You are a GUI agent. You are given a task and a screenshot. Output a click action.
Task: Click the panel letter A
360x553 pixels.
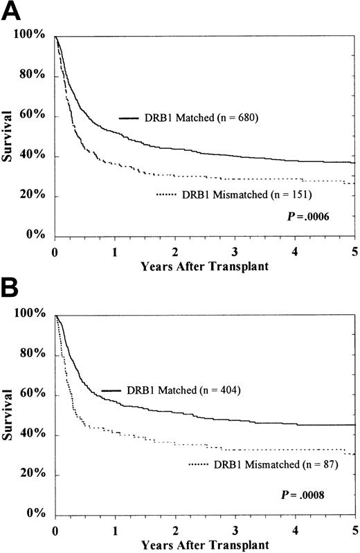pyautogui.click(x=11, y=12)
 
